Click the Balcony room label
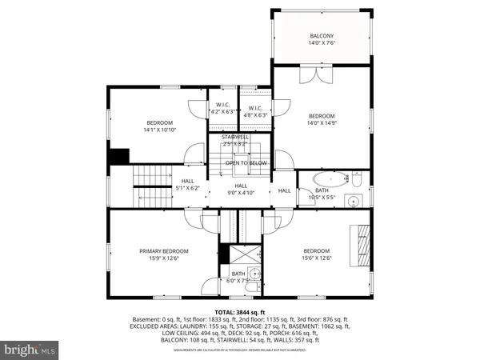(x=322, y=37)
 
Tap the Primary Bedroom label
(x=158, y=250)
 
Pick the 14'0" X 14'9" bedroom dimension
(x=322, y=122)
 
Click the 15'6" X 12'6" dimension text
(x=316, y=258)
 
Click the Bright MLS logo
(x=30, y=350)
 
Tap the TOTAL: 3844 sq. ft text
(x=239, y=311)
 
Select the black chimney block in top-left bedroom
(x=118, y=156)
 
